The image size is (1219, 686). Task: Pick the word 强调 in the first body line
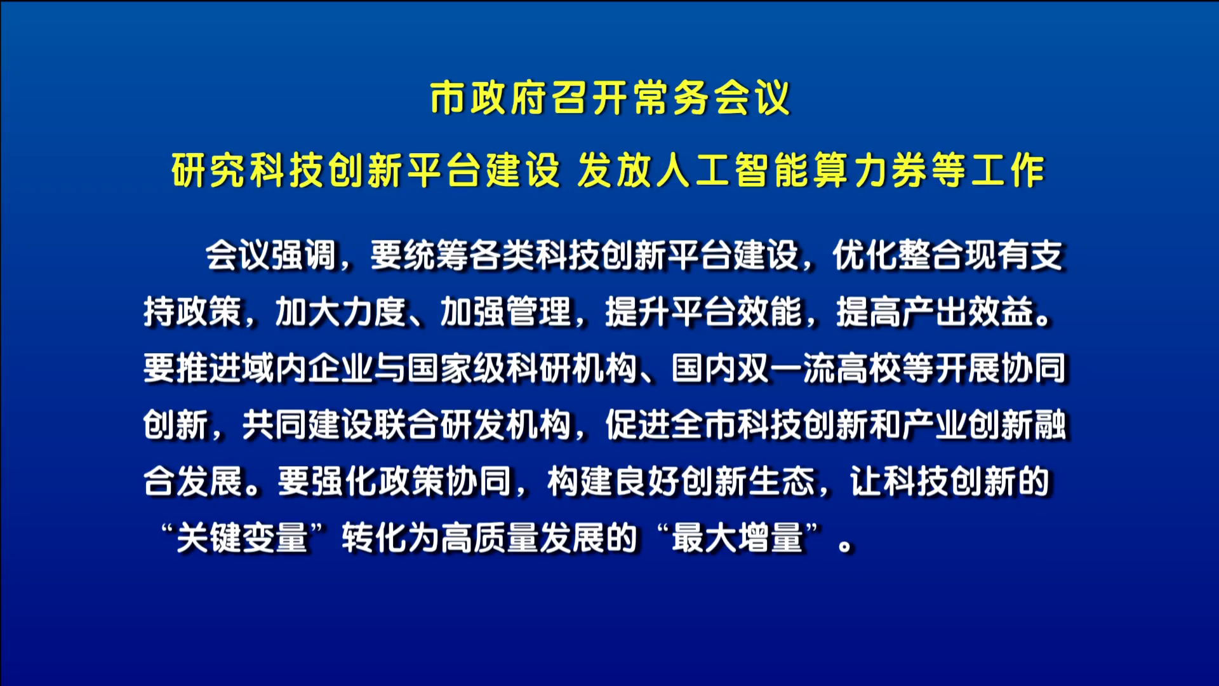pyautogui.click(x=303, y=255)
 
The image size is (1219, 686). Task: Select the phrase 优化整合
pyautogui.click(x=898, y=255)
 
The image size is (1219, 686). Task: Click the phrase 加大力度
pyautogui.click(x=340, y=312)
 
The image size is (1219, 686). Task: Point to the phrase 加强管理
pyautogui.click(x=506, y=312)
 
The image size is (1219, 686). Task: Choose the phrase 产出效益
pyautogui.click(x=968, y=312)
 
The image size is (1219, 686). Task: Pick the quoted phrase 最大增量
pyautogui.click(x=737, y=538)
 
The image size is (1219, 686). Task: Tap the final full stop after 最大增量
pyautogui.click(x=845, y=546)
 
